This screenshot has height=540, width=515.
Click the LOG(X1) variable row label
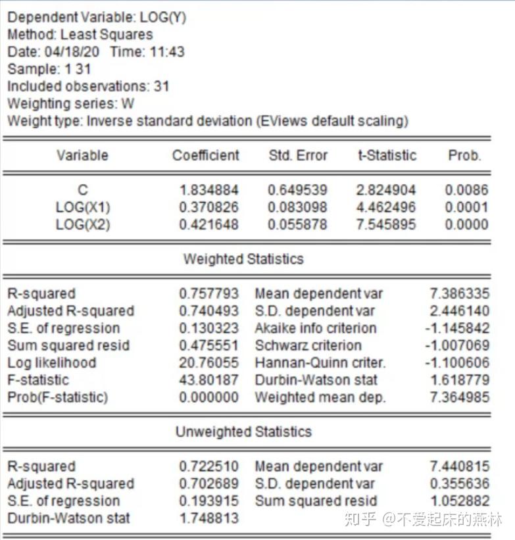point(83,208)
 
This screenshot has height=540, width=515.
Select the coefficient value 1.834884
point(209,191)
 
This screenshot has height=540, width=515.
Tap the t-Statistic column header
point(387,156)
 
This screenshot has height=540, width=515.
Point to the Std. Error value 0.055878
point(297,225)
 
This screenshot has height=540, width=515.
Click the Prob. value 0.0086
point(466,191)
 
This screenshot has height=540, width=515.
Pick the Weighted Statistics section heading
point(243,259)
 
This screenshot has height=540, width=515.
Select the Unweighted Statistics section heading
point(243,432)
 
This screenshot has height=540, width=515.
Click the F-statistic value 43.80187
point(209,380)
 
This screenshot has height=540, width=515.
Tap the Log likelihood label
point(52,363)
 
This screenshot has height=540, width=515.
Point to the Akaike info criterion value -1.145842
point(456,328)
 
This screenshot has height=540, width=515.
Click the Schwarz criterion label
point(308,345)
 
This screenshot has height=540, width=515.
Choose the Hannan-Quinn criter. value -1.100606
point(456,363)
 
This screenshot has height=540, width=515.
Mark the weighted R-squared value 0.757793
point(209,294)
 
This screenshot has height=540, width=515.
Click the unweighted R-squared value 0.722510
point(209,466)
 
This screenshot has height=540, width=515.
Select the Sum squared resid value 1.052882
point(460,501)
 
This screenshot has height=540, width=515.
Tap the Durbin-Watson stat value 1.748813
point(209,518)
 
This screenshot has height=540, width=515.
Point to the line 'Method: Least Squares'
point(80,35)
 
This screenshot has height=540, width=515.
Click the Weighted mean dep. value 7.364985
point(460,397)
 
